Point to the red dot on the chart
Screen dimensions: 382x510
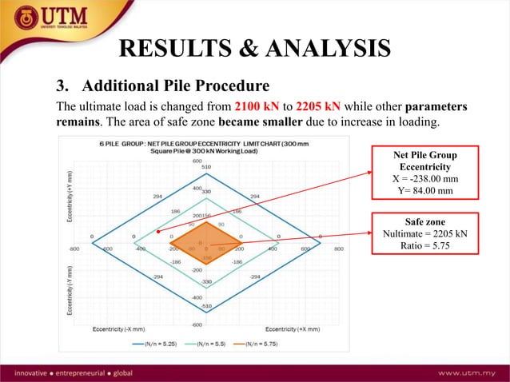tap(159, 232)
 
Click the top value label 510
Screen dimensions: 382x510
tap(206, 166)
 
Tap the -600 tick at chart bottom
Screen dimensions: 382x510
tap(197, 324)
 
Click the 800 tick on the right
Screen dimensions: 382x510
tap(338, 249)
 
